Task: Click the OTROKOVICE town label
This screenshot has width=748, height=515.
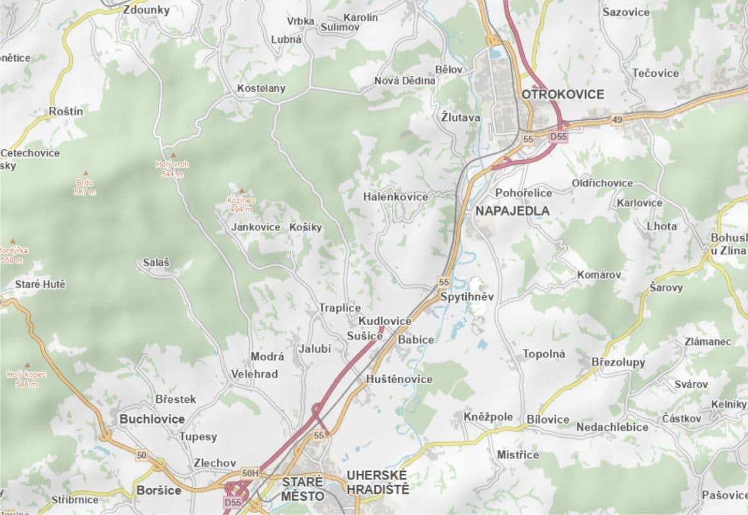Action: pyautogui.click(x=563, y=95)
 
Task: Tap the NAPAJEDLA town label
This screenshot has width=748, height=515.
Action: pyautogui.click(x=512, y=211)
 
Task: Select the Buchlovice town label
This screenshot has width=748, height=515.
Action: pyautogui.click(x=152, y=419)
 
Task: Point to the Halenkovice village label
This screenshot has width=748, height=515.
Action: pyautogui.click(x=395, y=197)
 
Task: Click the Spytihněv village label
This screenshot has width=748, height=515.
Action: pyautogui.click(x=467, y=297)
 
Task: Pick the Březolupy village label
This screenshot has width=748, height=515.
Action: pyautogui.click(x=618, y=362)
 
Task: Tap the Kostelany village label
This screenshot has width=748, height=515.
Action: pyautogui.click(x=261, y=88)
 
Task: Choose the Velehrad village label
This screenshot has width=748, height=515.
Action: pyautogui.click(x=254, y=374)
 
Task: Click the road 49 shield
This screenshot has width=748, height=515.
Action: pyautogui.click(x=617, y=121)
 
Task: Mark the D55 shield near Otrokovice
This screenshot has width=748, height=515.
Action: pyautogui.click(x=558, y=137)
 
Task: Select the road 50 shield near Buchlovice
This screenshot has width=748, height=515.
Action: pyautogui.click(x=142, y=456)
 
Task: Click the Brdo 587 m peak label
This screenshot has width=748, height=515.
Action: pyautogui.click(x=84, y=187)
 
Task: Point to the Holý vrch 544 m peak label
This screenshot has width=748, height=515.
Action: pyautogui.click(x=173, y=169)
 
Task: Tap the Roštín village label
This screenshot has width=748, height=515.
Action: pyautogui.click(x=66, y=111)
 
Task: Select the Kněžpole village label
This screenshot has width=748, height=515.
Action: pyautogui.click(x=488, y=417)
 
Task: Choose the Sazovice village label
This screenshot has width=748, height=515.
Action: pyautogui.click(x=625, y=12)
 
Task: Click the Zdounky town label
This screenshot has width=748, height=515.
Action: pyautogui.click(x=146, y=10)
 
